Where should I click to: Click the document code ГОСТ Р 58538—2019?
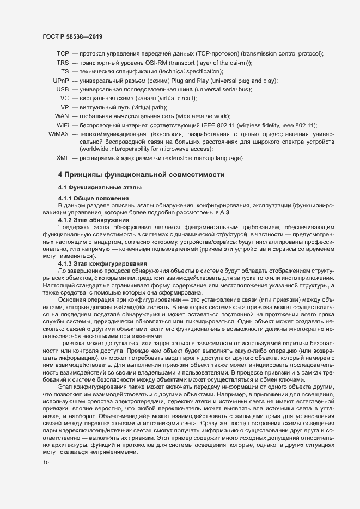(x=72, y=36)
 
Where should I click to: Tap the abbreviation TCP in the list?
(x=62, y=53)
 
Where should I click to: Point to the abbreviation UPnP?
(x=60, y=81)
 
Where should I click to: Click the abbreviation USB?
(x=62, y=89)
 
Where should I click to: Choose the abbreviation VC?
(x=64, y=98)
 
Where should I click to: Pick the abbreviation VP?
(x=64, y=107)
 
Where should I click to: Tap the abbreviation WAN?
(x=62, y=116)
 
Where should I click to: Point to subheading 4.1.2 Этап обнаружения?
(x=90, y=219)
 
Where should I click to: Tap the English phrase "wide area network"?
(x=202, y=116)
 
